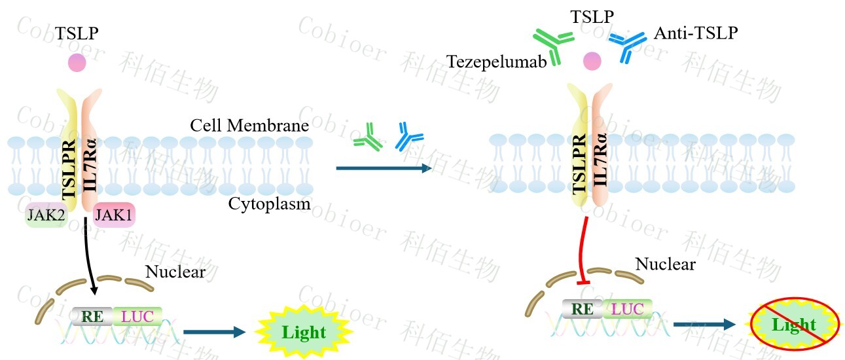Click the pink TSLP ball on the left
(x=77, y=63)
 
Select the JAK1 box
(x=114, y=215)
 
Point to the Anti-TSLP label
(x=695, y=33)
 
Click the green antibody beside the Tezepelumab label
(x=554, y=46)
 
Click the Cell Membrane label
(x=249, y=125)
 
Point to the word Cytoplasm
(x=269, y=204)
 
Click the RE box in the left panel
(x=92, y=316)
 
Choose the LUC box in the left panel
(x=137, y=316)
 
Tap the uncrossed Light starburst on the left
(x=304, y=332)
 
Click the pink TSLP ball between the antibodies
(x=592, y=61)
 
